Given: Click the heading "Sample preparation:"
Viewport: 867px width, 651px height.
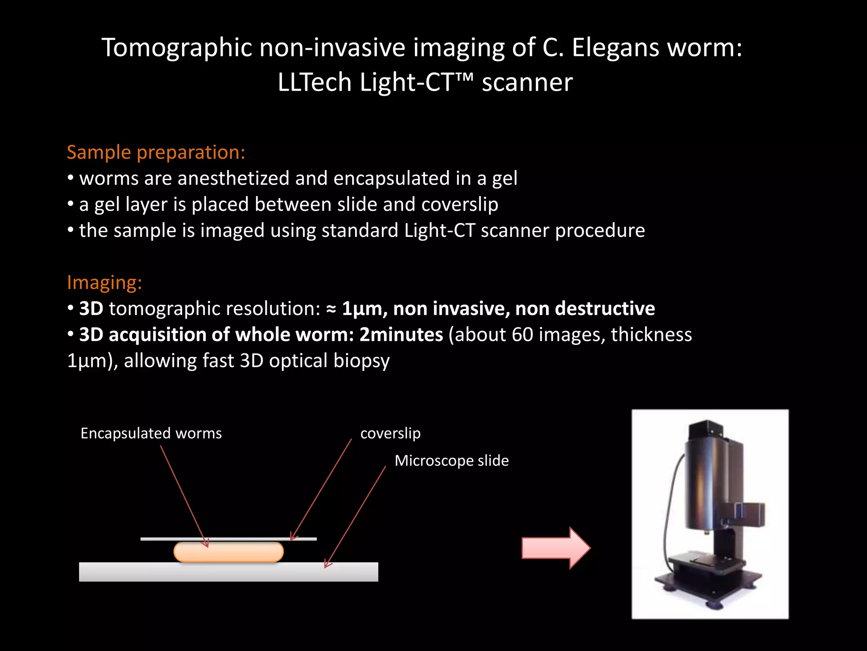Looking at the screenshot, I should [x=156, y=153].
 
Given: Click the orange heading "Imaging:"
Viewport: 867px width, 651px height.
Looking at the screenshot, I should [x=104, y=283].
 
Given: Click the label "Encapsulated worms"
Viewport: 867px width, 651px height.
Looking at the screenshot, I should [x=151, y=434].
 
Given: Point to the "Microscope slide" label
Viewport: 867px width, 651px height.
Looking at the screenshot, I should [x=451, y=461].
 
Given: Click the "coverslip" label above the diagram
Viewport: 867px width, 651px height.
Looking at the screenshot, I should [x=390, y=434].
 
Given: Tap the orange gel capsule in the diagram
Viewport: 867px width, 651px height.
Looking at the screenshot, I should [x=229, y=552].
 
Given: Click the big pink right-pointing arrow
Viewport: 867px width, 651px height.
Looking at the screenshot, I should [x=555, y=548].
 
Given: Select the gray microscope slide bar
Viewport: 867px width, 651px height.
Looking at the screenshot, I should [x=229, y=572].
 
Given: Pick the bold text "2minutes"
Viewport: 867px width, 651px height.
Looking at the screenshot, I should [x=401, y=335].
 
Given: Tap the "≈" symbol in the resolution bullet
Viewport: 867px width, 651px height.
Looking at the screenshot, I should [x=331, y=309].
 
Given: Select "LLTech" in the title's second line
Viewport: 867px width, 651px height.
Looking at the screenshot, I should [x=315, y=82].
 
